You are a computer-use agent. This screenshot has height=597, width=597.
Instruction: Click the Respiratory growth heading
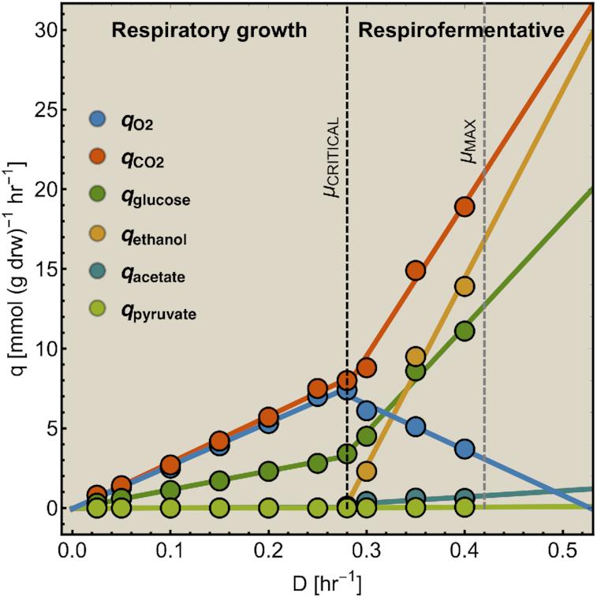coord(208,31)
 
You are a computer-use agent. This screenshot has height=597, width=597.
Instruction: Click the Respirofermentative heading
coord(461,31)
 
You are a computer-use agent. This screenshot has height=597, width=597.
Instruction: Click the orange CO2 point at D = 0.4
coord(465,207)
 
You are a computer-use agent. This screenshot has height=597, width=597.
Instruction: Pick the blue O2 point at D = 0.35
coord(416,427)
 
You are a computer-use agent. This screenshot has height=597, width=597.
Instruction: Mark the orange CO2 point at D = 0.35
coord(416,271)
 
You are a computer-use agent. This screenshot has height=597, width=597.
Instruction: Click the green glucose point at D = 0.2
coord(268,471)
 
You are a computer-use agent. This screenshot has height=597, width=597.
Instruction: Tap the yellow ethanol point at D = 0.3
coord(367,471)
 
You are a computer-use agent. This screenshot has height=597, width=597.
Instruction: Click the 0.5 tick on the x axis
coord(563,548)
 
